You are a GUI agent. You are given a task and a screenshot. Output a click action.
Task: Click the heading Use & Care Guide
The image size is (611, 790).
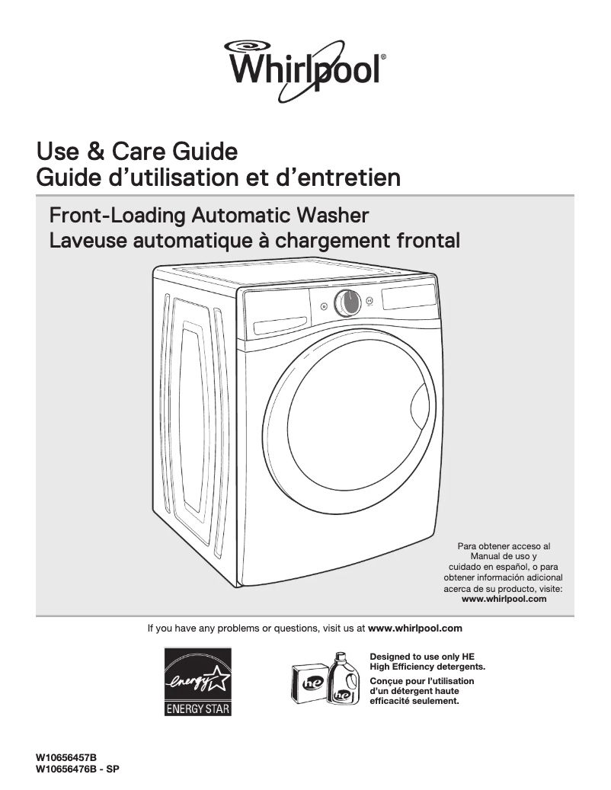coord(137,152)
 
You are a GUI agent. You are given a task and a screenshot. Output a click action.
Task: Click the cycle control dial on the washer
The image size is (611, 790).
coord(346,302)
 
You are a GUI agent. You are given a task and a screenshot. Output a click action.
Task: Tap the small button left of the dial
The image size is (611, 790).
coord(324,307)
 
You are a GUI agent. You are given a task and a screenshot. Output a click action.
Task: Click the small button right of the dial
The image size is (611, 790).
coord(369,300)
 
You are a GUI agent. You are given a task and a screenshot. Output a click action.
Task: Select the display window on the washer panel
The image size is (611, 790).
coord(409,294)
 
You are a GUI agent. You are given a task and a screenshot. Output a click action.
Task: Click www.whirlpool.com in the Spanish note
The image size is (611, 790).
coord(504,599)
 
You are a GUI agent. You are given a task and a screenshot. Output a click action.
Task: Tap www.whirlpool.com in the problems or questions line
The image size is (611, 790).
coord(415,628)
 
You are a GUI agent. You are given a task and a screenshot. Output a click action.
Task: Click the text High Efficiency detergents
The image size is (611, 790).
coord(427,667)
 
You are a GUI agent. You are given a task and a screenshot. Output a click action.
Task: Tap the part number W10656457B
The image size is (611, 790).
coord(66,759)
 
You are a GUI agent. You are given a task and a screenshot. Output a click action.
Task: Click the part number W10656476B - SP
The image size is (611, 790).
coord(78,769)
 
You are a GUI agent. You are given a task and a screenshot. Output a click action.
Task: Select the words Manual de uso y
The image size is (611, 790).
coord(504,556)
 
